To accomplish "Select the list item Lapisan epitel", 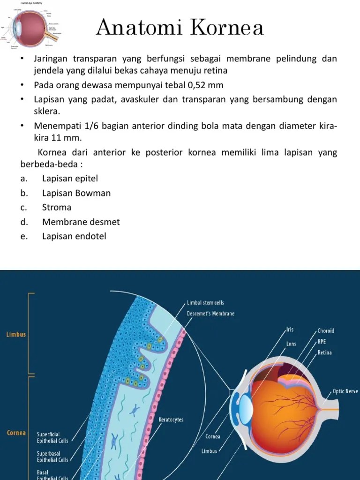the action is point(70,179).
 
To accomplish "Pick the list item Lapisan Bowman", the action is point(76,193).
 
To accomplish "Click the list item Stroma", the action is point(57,207).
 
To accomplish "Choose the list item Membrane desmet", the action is point(81,222).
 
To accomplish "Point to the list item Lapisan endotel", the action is point(74,236).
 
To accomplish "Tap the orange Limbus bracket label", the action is point(16,335).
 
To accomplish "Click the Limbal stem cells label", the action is point(205,303).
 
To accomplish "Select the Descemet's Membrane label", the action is point(210,313).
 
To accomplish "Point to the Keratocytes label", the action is point(171,420).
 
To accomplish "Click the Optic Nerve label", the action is point(345,390).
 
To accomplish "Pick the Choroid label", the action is point(326,331).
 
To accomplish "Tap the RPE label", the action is point(322,342).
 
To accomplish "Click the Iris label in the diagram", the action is point(291,330).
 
